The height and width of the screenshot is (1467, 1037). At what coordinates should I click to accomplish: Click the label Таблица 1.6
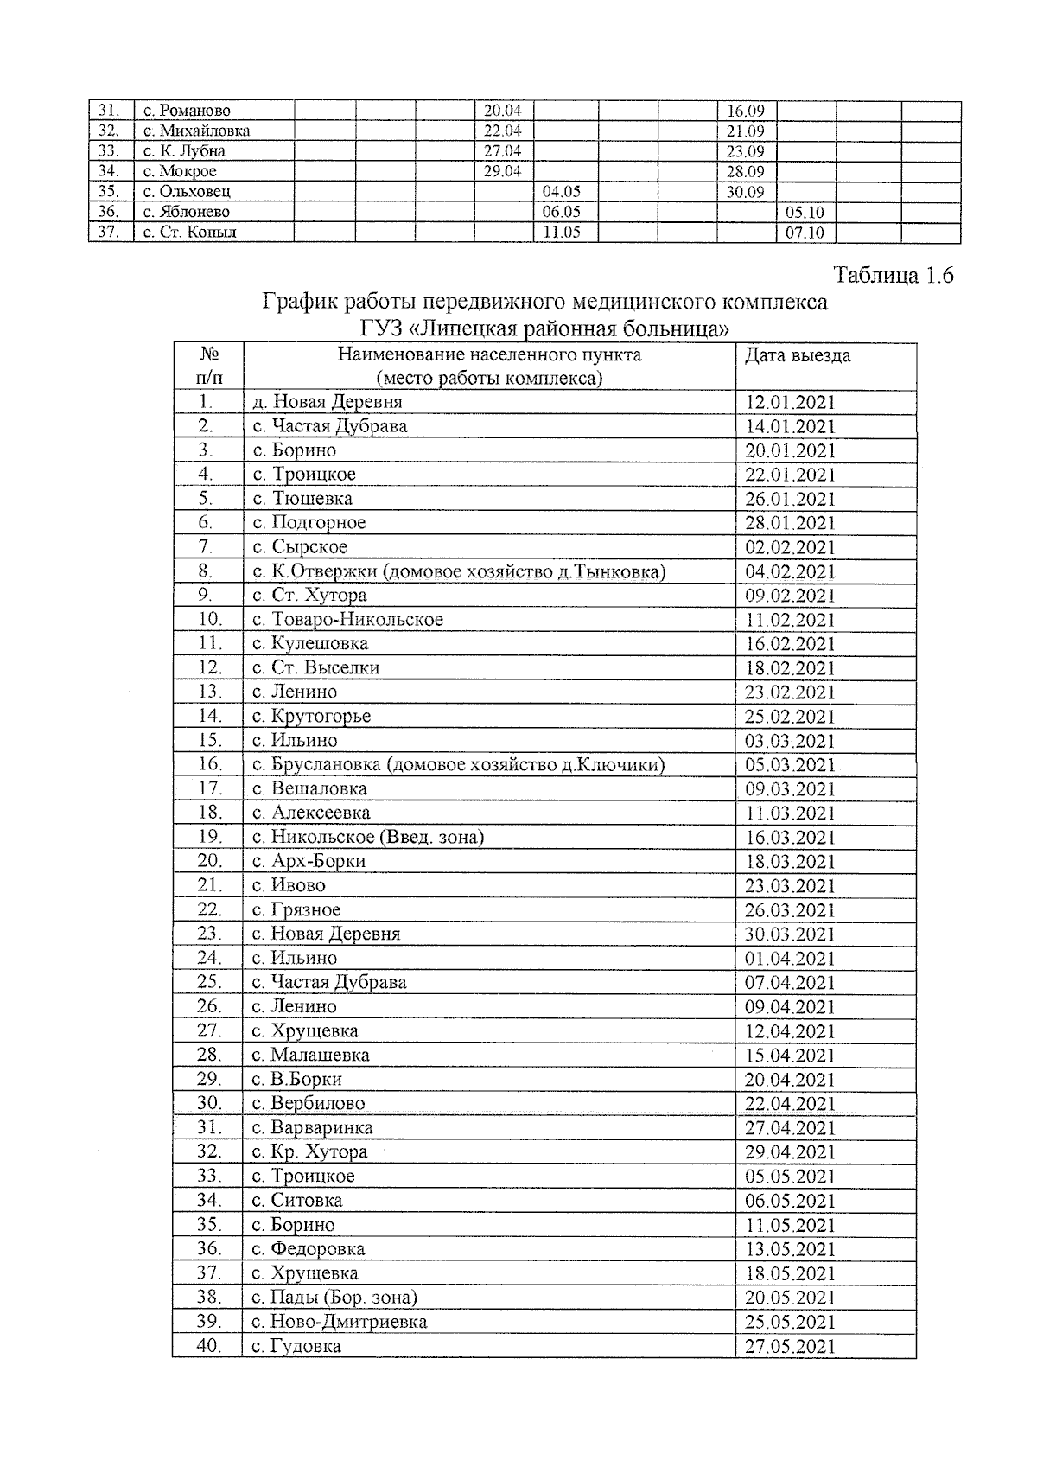[893, 276]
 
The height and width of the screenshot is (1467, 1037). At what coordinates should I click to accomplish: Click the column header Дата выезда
[797, 355]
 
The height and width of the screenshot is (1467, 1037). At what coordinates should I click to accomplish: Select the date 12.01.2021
[790, 402]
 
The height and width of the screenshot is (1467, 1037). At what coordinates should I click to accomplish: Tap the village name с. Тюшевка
[302, 499]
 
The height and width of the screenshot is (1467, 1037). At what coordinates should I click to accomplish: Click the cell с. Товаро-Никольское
[347, 620]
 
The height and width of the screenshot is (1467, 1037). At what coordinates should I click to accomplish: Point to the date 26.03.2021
[790, 910]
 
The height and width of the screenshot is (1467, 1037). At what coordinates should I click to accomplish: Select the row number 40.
[207, 1346]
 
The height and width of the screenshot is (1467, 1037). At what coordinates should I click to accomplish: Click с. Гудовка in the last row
[296, 1346]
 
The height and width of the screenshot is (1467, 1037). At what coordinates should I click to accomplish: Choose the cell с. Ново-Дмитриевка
[340, 1322]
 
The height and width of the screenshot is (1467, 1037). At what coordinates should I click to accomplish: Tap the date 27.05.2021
[790, 1346]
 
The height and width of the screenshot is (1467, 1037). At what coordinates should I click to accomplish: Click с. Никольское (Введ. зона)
[368, 837]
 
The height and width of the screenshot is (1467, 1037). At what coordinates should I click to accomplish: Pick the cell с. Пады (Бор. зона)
[334, 1298]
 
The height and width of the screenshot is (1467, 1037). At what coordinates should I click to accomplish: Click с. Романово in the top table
[188, 111]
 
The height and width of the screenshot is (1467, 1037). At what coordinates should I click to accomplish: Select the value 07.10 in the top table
[805, 232]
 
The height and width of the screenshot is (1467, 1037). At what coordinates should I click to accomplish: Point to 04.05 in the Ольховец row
[561, 192]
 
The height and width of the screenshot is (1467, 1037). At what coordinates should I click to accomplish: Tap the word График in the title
[300, 302]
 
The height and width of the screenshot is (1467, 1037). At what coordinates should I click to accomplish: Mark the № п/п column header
[208, 366]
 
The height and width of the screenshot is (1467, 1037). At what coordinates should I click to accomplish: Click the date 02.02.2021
[790, 547]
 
